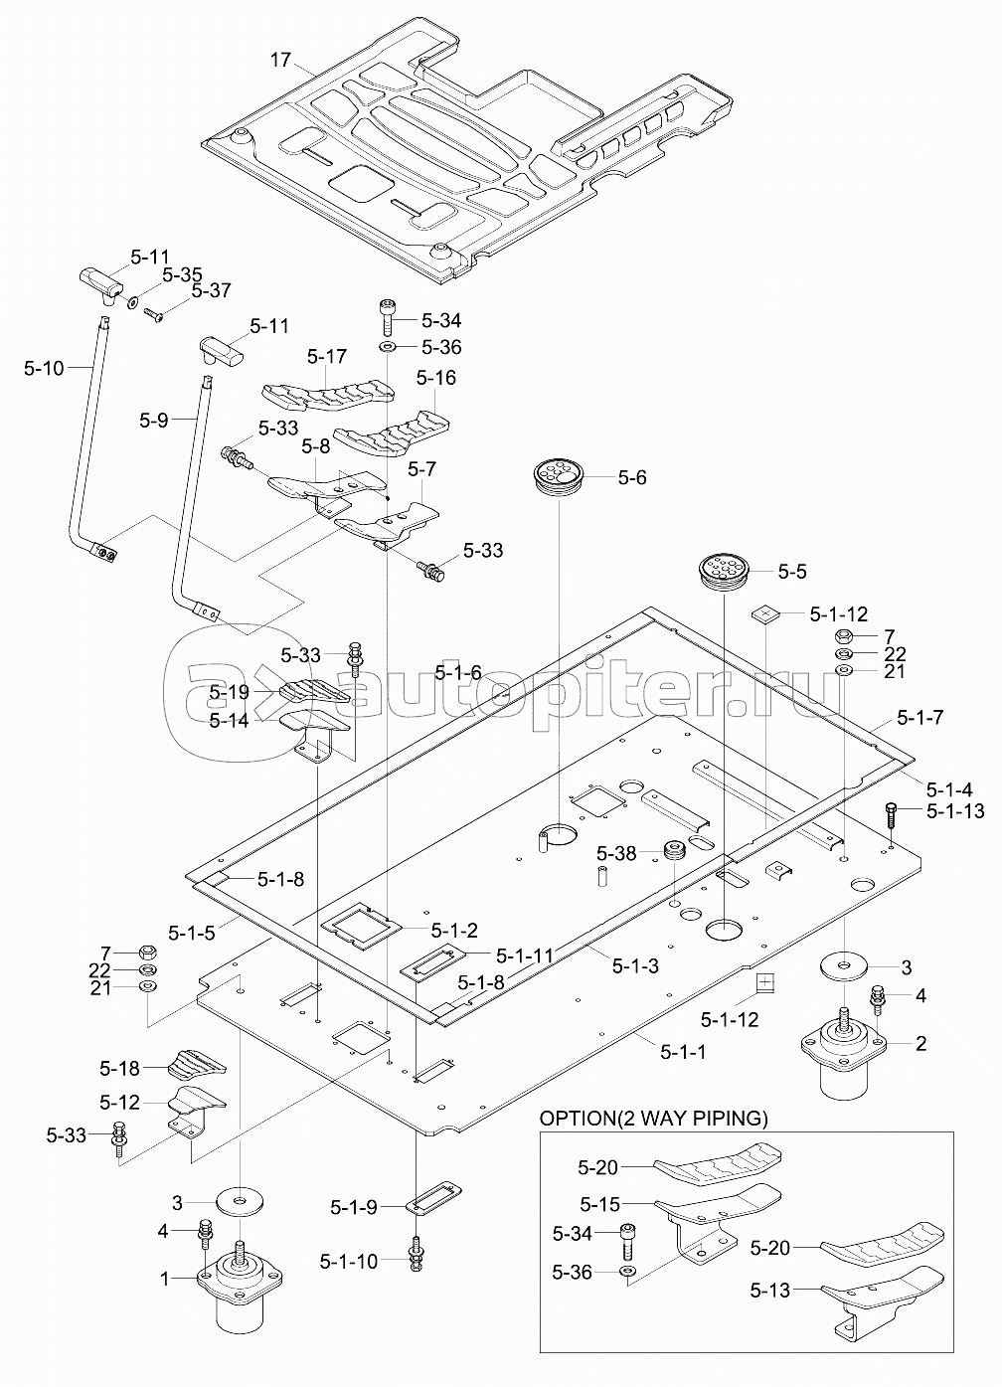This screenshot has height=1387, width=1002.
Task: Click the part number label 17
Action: [280, 60]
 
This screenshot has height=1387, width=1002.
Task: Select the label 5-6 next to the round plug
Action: [631, 478]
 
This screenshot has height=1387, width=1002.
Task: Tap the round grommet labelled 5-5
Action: [725, 572]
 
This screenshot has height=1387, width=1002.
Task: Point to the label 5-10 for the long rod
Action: [44, 369]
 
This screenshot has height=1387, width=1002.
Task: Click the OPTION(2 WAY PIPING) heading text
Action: [653, 1119]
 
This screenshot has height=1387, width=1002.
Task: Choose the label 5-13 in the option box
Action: [770, 1291]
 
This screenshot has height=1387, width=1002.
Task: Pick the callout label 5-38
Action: [616, 853]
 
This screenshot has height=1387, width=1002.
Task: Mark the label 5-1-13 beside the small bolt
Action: [955, 811]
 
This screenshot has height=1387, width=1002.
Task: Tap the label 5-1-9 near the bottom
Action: [354, 1207]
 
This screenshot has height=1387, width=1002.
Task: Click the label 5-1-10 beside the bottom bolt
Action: [349, 1261]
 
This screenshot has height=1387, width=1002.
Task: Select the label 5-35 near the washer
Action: [182, 274]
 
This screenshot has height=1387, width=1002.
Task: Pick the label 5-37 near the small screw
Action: [211, 291]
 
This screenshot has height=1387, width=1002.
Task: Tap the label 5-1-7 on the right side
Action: [920, 717]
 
